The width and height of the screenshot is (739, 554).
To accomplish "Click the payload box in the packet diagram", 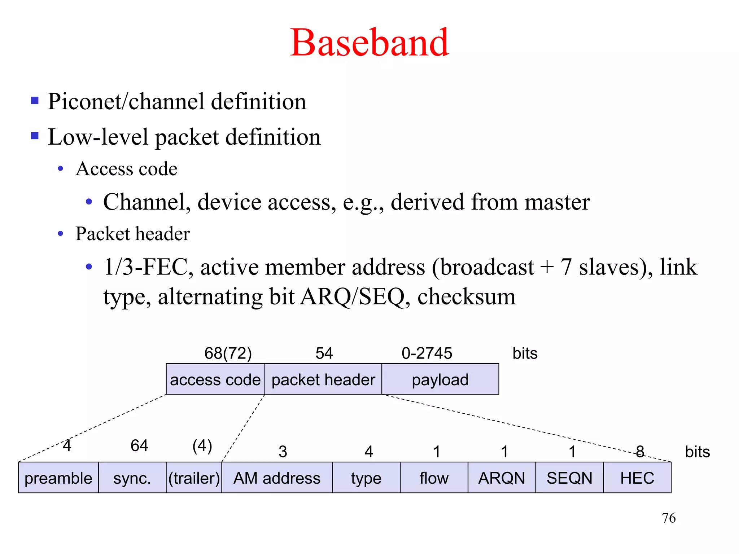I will coord(440,379).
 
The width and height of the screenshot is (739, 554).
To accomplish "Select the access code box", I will coord(215,379).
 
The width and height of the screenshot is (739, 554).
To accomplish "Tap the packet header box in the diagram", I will coord(323,379).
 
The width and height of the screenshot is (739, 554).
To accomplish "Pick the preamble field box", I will coord(58,478).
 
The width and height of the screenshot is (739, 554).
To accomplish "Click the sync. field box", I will coord(132,478).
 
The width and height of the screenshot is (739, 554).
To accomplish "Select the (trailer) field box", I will coord(194,478).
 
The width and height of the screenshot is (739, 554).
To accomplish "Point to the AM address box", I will coord(277,478).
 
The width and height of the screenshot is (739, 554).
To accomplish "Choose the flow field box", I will coord(434,478).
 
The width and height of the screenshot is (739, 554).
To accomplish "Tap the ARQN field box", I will coord(502,478).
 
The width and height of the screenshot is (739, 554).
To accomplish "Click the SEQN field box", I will coord(569,478).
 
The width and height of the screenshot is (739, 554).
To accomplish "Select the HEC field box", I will coord(637,478).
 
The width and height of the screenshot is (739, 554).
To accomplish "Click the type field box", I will coord(366,478).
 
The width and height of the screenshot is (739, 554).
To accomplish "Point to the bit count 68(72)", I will coord(228,353).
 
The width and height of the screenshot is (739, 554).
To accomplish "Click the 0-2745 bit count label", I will coord(427,353).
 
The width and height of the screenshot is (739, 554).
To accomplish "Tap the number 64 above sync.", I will coord(139,445).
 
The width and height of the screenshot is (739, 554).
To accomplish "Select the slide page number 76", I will coord(669,518).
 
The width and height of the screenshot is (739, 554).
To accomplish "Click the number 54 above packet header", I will coord(324,353).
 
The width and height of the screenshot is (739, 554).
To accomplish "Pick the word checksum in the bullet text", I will coord(466,296).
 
